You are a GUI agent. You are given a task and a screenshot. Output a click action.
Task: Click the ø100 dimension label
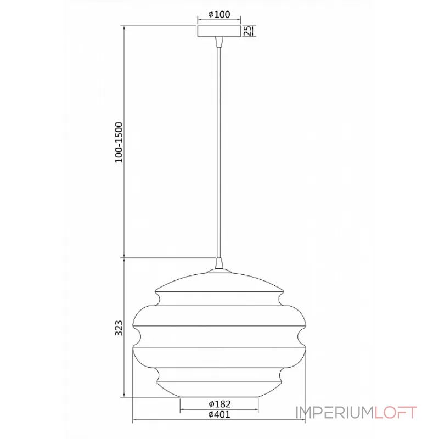click(x=219, y=14)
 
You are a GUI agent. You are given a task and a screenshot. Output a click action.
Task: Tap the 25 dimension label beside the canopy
click(x=247, y=31)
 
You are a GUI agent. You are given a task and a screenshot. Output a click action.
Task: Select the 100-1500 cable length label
click(x=119, y=142)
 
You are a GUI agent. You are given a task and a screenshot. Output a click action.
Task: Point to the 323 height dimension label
click(x=119, y=328)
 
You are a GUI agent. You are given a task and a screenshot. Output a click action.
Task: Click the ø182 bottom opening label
click(x=219, y=404)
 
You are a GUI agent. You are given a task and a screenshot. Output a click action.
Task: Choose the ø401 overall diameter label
click(x=219, y=414)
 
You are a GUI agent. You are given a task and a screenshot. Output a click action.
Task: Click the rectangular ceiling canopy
click(x=219, y=31)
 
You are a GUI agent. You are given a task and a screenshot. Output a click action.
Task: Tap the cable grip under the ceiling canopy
click(x=219, y=42)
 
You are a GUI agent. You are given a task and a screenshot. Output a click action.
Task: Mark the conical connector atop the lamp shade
click(x=219, y=263)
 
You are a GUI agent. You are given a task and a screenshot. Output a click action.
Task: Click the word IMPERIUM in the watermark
click(x=335, y=413)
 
